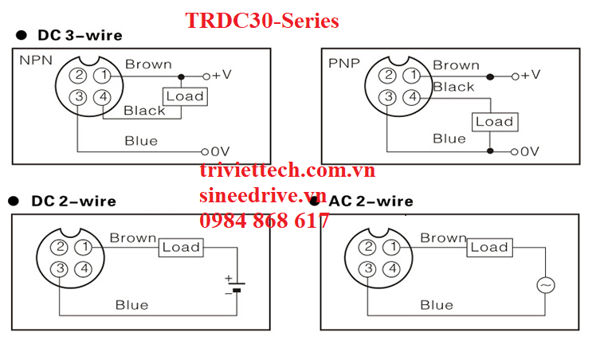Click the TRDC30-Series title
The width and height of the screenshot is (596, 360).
tap(262, 20)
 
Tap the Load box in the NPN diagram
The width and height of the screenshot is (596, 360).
tap(184, 96)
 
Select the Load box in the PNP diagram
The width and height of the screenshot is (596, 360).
tap(494, 121)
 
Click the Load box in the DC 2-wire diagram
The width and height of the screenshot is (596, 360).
tap(181, 247)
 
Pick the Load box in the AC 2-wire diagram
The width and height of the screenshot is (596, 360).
tap(488, 247)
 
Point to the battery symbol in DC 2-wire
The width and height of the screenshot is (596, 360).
tap(234, 285)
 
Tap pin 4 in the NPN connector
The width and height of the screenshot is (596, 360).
tap(102, 97)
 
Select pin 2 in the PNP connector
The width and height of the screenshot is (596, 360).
tap(387, 76)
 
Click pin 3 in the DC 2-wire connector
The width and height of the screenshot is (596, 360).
tap(60, 268)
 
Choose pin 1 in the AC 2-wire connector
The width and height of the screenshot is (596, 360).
tap(390, 248)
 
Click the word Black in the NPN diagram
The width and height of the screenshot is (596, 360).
tap(144, 111)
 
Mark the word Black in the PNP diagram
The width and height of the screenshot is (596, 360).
tap(453, 87)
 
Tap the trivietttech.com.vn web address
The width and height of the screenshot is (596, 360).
tap(287, 170)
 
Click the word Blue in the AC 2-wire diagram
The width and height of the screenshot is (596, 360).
tap(436, 304)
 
